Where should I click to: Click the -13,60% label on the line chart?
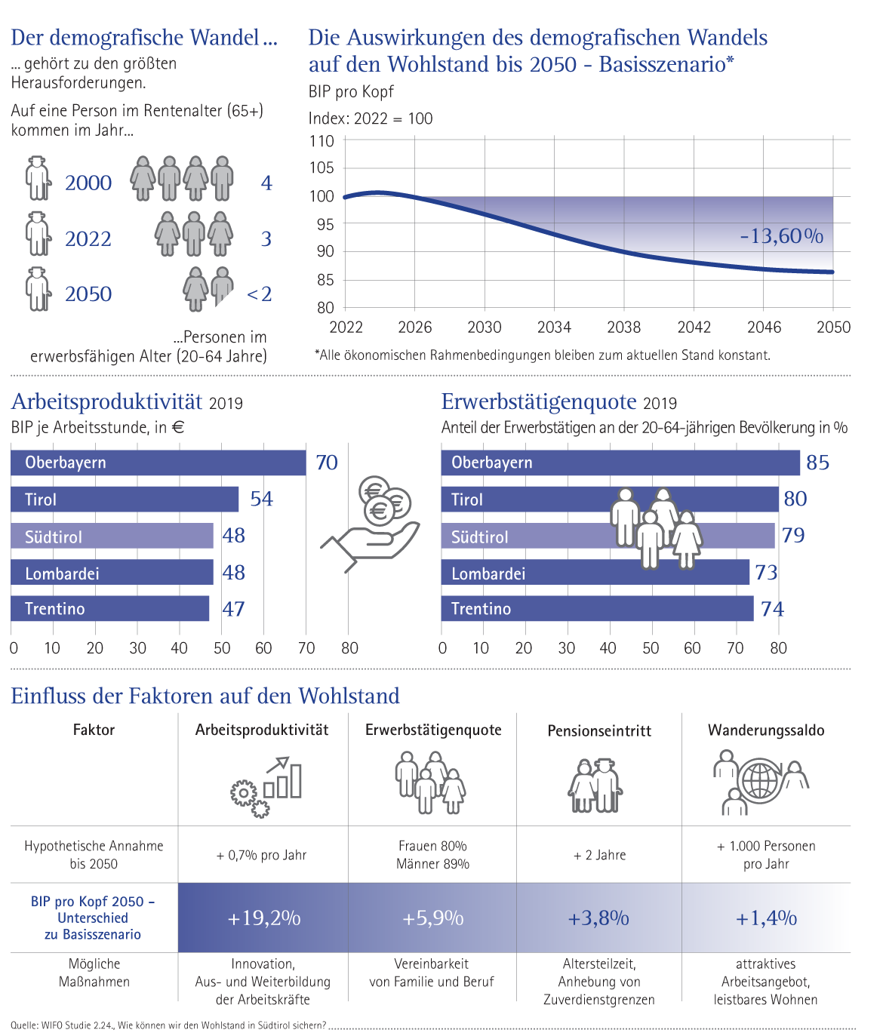[x=781, y=236]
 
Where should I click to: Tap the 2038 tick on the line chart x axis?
[x=623, y=327]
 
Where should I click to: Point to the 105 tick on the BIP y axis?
[x=322, y=168]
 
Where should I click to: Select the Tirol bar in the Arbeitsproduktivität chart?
[x=125, y=500]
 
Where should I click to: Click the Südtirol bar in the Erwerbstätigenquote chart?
[x=608, y=536]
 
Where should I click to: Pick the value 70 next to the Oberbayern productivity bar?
[x=327, y=463]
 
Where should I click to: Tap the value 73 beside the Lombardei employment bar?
[x=766, y=573]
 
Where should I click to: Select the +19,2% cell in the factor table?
[x=263, y=918]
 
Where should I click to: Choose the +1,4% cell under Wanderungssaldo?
[x=766, y=918]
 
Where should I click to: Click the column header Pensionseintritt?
[x=599, y=730]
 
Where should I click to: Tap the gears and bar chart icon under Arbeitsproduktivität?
[x=266, y=787]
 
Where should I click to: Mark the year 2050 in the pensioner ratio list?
[x=88, y=294]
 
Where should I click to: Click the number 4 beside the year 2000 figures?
[x=266, y=183]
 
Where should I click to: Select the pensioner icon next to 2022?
[x=38, y=235]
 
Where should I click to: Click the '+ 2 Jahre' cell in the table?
[x=599, y=855]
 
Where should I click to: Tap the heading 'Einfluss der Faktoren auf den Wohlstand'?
[x=205, y=696]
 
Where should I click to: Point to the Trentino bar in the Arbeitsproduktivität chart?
[x=110, y=609]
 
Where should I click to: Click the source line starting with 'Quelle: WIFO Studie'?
[x=168, y=1025]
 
